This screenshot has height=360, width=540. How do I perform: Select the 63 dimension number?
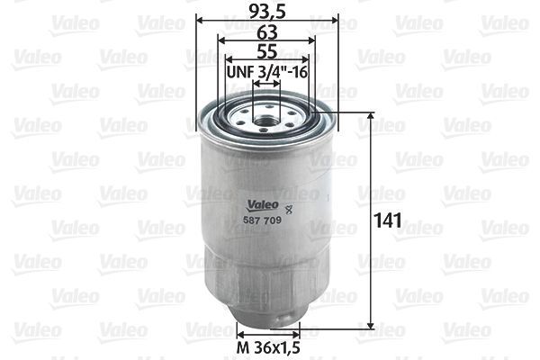[x=266, y=31]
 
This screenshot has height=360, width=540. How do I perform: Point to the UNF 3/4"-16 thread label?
[x=267, y=70]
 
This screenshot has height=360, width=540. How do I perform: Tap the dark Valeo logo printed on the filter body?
[x=261, y=203]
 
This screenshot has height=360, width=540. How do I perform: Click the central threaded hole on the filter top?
[x=266, y=114]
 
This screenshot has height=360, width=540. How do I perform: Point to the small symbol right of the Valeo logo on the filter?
[x=300, y=209]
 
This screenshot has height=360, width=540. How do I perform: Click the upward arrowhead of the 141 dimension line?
[x=371, y=118]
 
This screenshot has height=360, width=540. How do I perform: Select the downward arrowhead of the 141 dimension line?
[x=371, y=324]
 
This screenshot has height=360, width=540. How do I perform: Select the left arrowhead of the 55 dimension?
[x=229, y=59]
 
